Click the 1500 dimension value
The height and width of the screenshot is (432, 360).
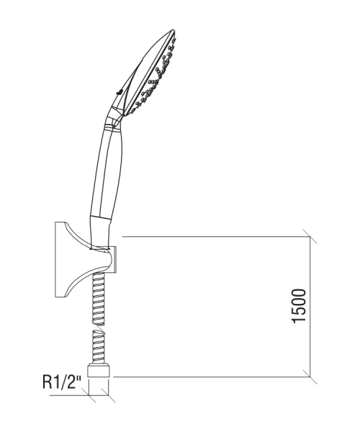[299, 306]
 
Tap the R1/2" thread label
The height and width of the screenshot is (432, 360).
[63, 382]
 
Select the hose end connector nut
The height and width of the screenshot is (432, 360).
[99, 371]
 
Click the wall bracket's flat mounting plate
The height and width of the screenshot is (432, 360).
[60, 259]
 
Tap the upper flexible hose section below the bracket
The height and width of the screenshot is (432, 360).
[99, 298]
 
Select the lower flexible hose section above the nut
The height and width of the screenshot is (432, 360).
[99, 348]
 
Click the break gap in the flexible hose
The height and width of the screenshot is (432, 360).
[99, 328]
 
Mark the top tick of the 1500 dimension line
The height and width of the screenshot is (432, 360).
[310, 236]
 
